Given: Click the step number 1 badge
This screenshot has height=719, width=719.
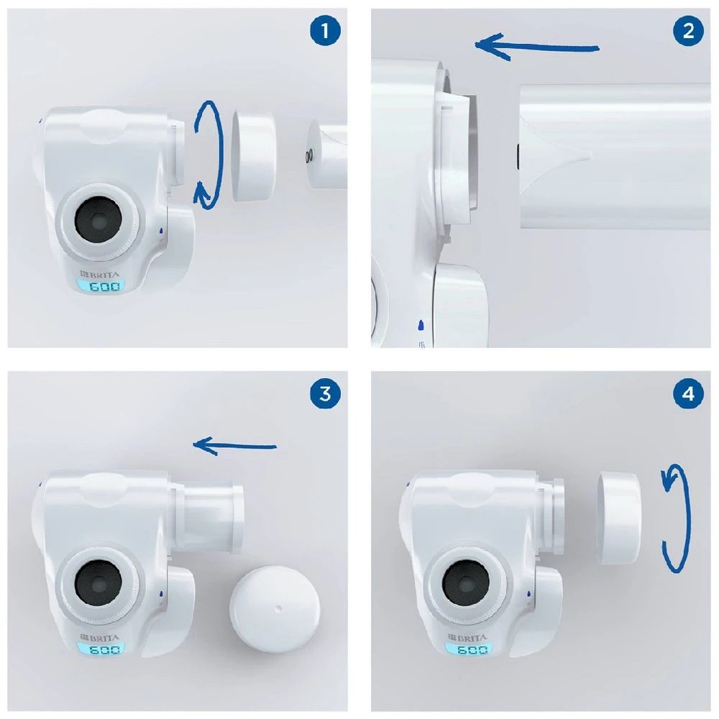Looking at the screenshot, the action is click(325, 31).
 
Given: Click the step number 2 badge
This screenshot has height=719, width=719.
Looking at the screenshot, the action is click(688, 31).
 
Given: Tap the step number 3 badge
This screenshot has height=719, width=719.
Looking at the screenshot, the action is click(325, 393).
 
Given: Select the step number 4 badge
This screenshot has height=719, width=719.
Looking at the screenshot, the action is click(688, 393).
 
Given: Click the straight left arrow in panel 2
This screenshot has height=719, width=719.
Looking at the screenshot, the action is click(536, 46).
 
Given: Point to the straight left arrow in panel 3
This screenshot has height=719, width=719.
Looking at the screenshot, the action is click(234, 446).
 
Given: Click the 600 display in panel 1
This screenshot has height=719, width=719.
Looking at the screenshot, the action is click(104, 287).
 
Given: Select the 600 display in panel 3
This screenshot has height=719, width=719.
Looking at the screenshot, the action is click(104, 650).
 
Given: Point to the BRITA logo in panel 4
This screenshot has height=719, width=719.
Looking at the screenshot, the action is click(467, 637).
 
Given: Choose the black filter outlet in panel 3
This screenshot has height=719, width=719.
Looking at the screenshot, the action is click(98, 583).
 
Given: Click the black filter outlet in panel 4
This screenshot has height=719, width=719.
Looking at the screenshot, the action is click(465, 583).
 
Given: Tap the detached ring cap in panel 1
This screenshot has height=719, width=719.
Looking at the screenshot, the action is click(254, 155).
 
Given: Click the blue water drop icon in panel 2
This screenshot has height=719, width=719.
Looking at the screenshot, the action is click(421, 325).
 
